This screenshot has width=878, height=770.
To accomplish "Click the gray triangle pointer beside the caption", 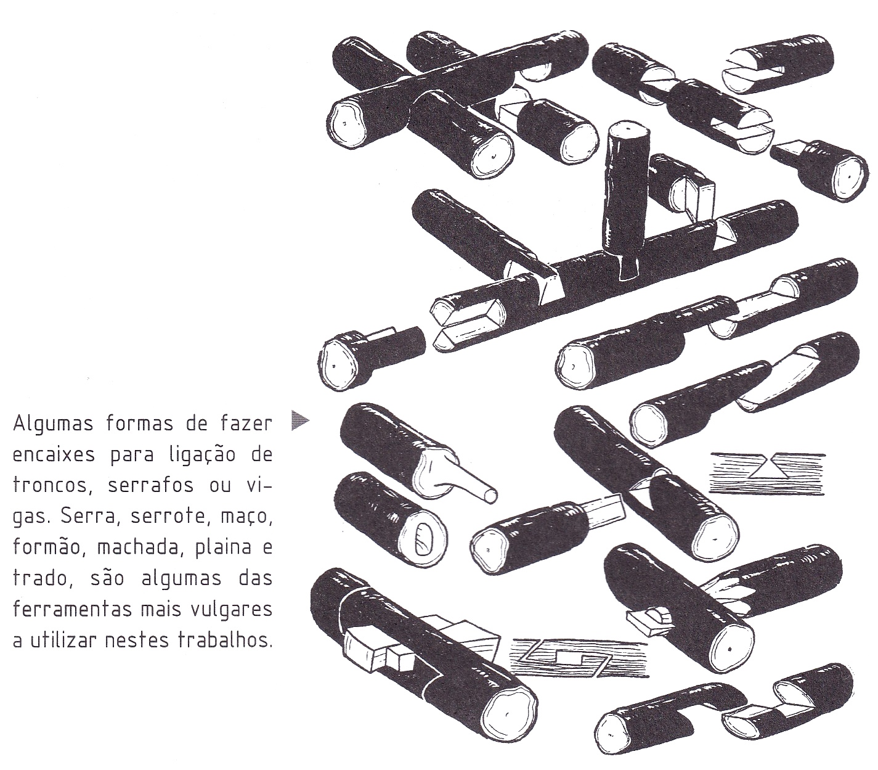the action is (299, 420).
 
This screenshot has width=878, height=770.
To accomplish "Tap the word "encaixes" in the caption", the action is (54, 455).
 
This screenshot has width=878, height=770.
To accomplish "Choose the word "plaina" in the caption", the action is (223, 547).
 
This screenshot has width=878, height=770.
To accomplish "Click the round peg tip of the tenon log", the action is (491, 494).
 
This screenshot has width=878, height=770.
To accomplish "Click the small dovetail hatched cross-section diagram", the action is (766, 473).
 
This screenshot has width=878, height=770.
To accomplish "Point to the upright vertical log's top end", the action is (628, 129).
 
